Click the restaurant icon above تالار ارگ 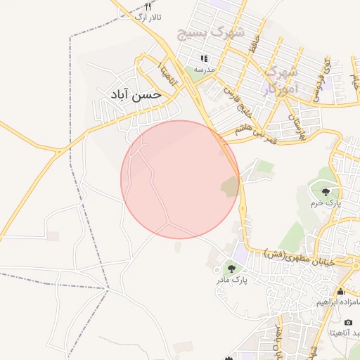148,6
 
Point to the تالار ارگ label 148,17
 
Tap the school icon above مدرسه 205,59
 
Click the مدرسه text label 205,70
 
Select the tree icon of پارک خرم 326,192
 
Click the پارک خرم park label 326,202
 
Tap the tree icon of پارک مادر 231,269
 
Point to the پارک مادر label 232,280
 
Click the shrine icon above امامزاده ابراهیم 341,291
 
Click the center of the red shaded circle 180,179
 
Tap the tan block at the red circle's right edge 230,187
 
